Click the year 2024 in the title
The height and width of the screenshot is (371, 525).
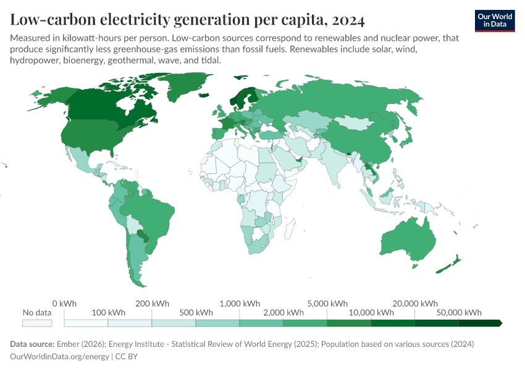point(348,20)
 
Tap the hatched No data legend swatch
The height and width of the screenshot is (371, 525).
point(37,323)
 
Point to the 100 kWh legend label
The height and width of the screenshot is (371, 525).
point(108,312)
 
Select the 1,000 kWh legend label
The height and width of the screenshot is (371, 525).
point(240,304)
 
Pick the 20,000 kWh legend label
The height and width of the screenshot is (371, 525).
point(415,304)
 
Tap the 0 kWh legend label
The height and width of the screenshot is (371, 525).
point(64,304)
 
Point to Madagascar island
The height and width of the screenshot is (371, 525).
point(288,231)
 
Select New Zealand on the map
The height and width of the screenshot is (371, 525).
point(450,265)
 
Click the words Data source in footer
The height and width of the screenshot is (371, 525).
point(32,344)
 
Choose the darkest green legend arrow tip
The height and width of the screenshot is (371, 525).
point(500,323)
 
